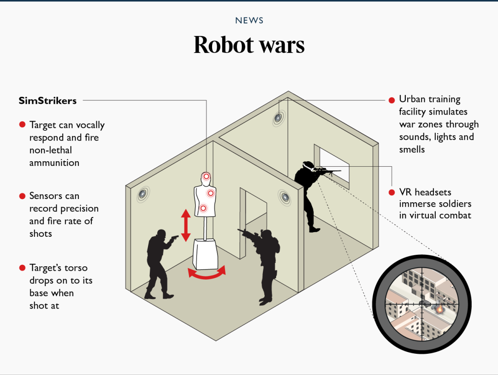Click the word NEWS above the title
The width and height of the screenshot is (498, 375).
249,21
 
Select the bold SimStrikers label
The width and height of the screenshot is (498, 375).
47,100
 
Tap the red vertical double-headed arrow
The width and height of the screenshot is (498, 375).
186,225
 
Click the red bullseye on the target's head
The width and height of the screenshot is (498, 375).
206,176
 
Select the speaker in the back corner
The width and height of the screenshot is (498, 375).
278,118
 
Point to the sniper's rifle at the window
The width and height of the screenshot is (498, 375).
328,171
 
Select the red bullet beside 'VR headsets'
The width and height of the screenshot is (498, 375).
391,192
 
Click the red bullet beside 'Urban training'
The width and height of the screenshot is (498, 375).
391,100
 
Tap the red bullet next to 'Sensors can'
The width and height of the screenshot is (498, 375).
22,196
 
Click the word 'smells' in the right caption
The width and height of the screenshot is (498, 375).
412,150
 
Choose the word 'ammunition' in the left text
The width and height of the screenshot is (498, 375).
54,163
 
